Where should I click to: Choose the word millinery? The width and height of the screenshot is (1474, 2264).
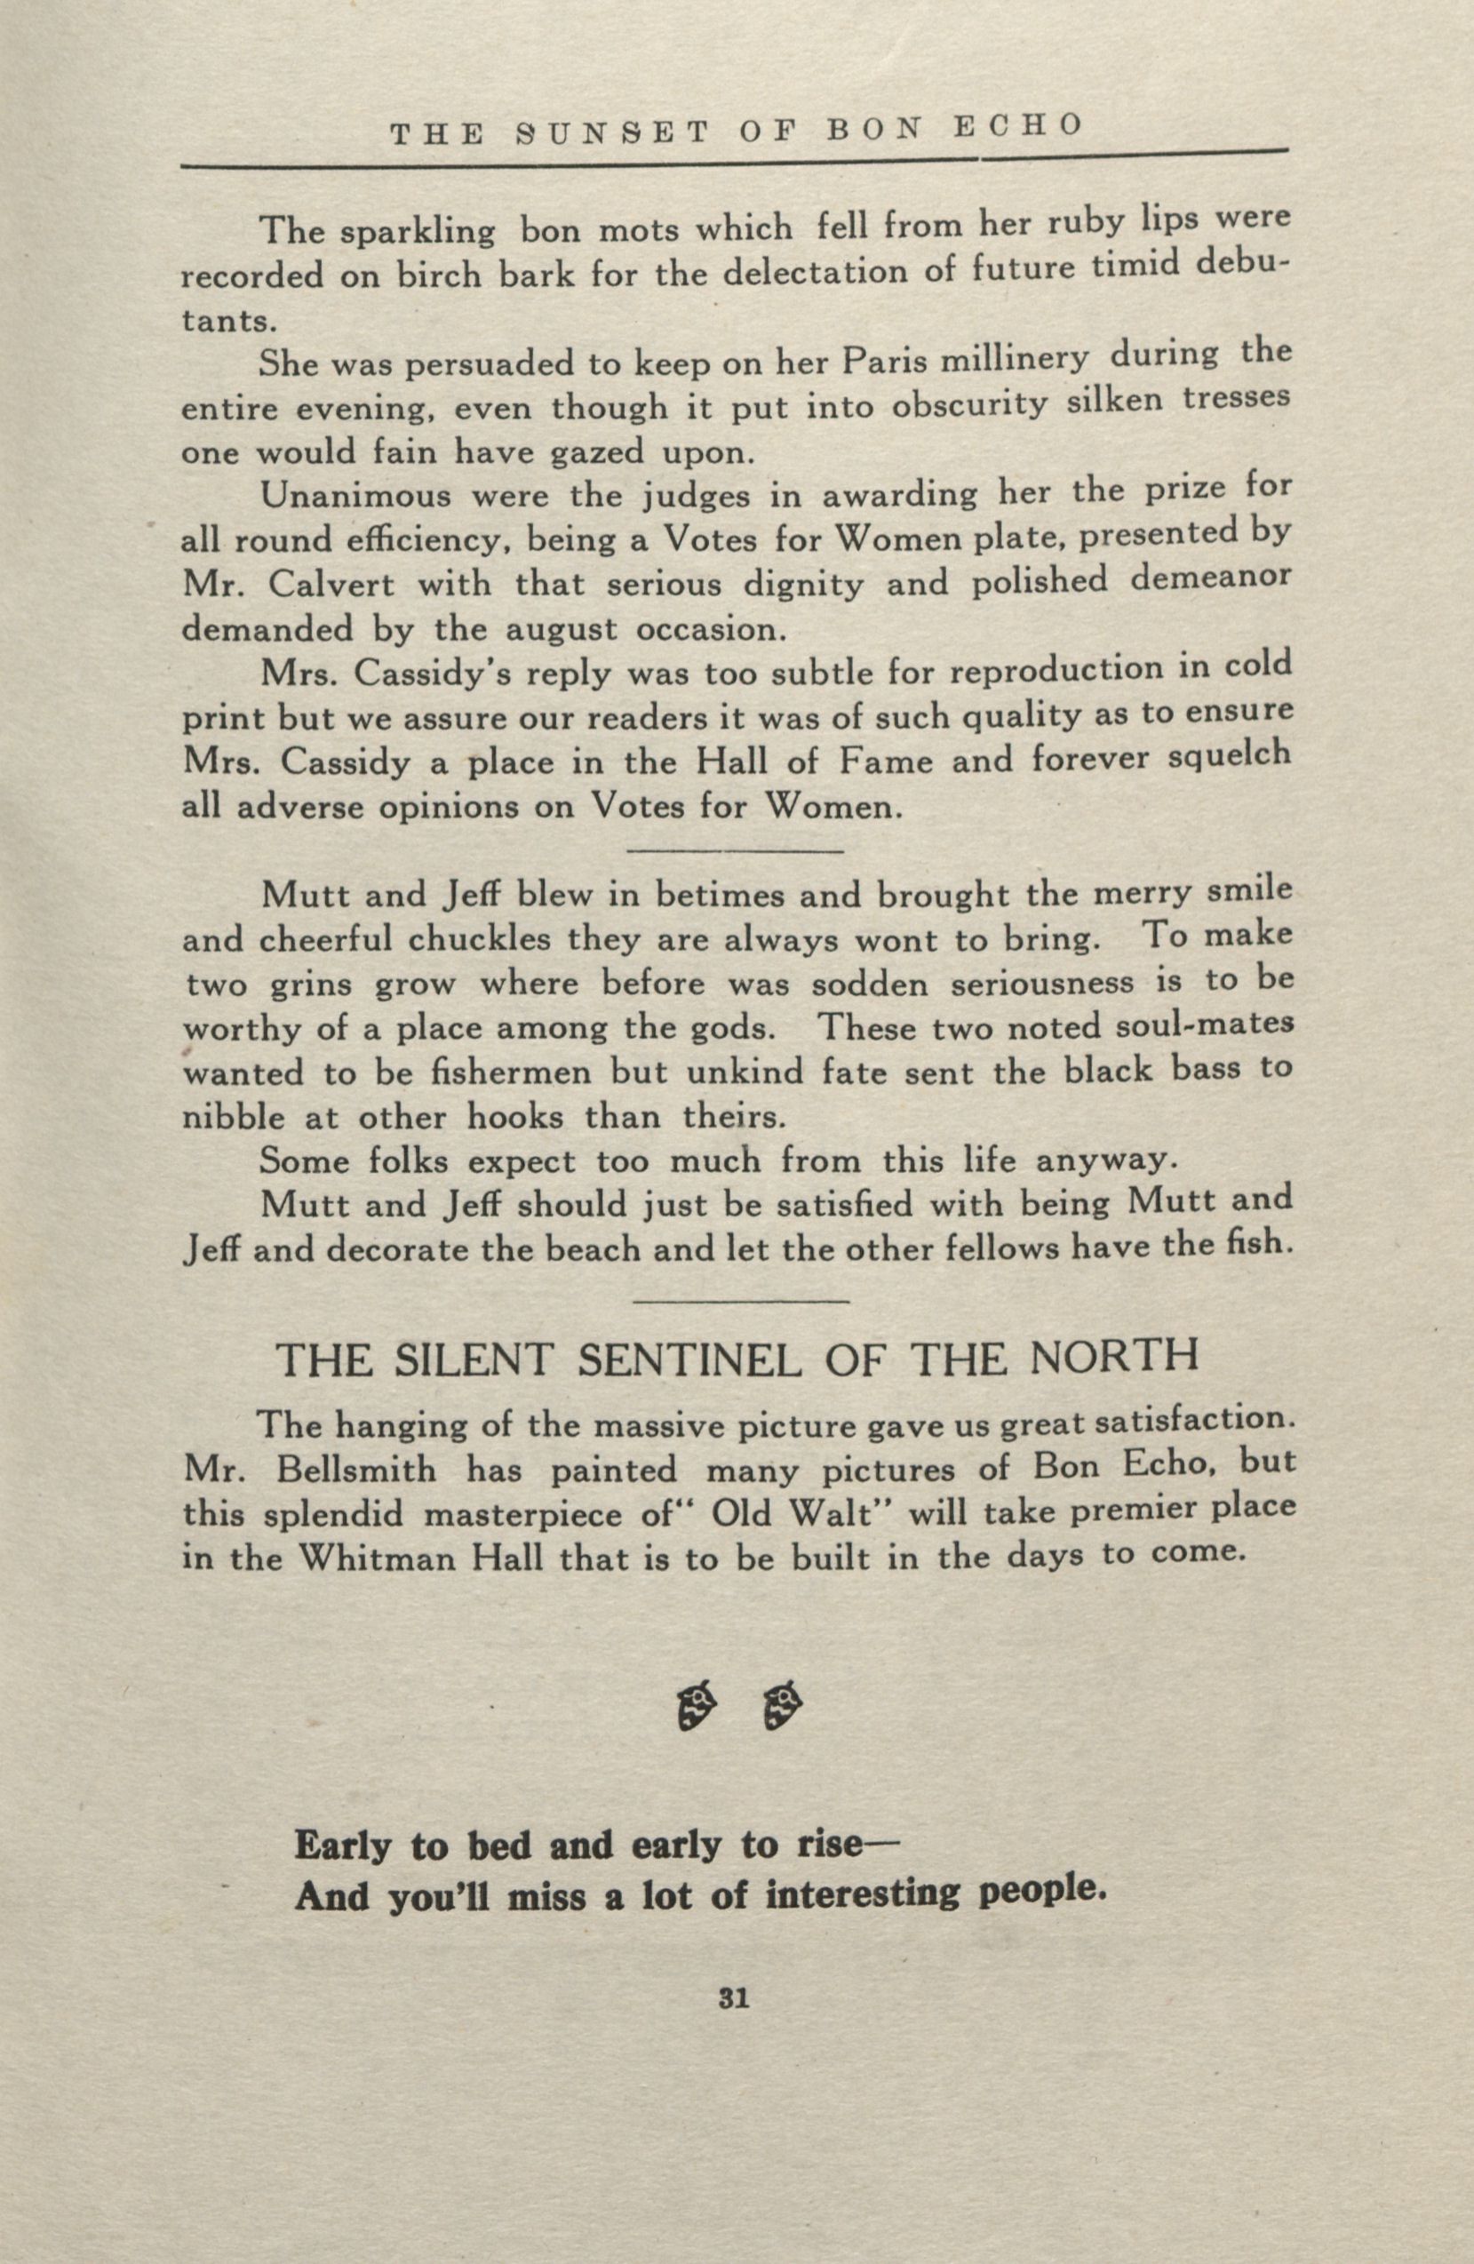coord(1013,361)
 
